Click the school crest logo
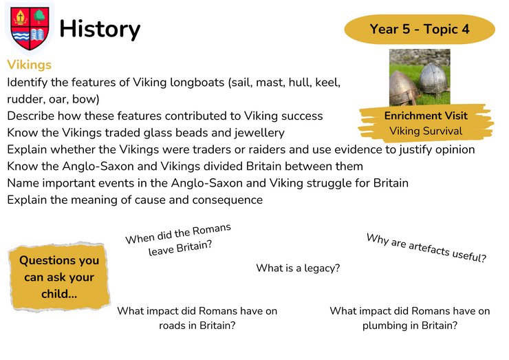tap(30, 29)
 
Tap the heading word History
tap(100, 30)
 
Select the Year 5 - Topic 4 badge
tap(420, 29)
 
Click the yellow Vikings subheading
tap(29, 65)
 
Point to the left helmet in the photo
tap(404, 87)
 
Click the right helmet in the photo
tap(434, 78)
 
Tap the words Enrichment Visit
tap(426, 116)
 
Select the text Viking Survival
tap(426, 131)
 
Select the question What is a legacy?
tap(298, 268)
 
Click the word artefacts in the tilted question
tap(429, 248)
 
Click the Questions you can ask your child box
tap(59, 277)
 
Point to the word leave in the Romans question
tap(161, 251)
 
